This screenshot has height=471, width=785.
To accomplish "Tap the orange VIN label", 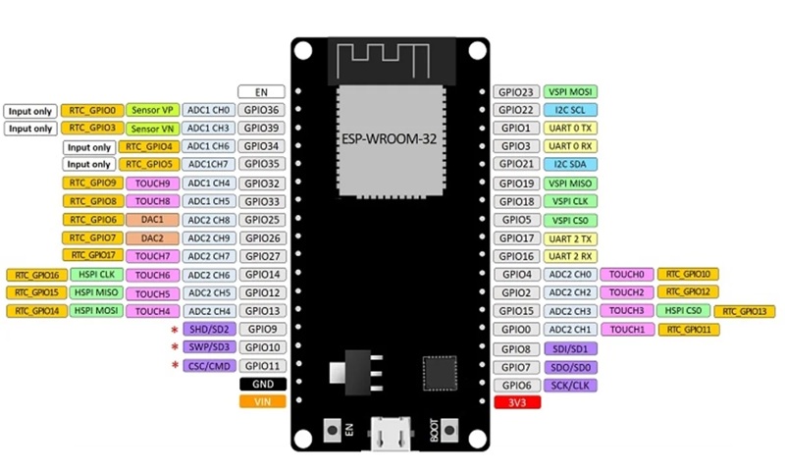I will (x=262, y=401).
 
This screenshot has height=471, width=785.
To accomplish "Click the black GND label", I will (x=262, y=384).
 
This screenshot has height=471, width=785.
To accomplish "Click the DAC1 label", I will (x=151, y=220).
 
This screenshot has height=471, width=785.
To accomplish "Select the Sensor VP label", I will (x=151, y=110).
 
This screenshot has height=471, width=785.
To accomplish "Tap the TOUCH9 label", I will (x=151, y=183).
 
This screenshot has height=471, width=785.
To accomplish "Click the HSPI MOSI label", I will (x=93, y=311).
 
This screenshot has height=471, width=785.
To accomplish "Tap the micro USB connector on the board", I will (x=390, y=433).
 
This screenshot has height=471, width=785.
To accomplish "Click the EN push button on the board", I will (x=336, y=429).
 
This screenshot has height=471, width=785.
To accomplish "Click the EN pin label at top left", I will (x=262, y=91).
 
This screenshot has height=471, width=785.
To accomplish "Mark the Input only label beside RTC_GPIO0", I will (x=29, y=111).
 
